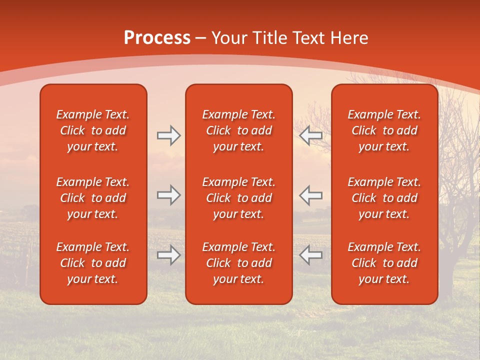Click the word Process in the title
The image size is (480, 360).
pos(157,38)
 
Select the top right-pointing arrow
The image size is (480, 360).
pos(168,135)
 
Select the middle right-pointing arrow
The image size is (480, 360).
pos(168,195)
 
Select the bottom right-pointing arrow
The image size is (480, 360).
pos(168,255)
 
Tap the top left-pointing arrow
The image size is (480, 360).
pos(311,135)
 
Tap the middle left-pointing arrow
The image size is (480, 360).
pos(311,195)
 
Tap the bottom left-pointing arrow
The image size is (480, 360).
pos(311,255)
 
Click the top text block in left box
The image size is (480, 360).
pos(93,130)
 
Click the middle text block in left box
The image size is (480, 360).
pos(93,198)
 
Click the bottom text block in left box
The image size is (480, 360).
pos(93,263)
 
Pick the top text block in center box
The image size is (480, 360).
pos(238,130)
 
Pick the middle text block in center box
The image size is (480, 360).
pos(238,198)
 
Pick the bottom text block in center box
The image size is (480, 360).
pos(238,263)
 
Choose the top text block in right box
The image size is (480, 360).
pos(384,130)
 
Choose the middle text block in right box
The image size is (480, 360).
pos(384,198)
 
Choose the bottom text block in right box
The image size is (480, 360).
pos(384,263)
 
